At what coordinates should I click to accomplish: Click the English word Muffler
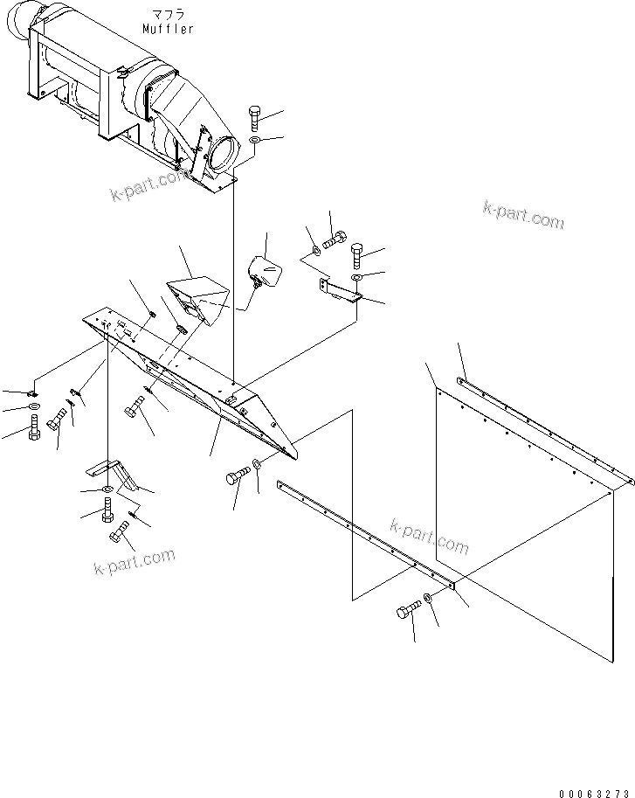tap(169, 29)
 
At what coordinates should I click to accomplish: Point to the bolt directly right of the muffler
tap(254, 117)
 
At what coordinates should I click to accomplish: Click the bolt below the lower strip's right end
tap(406, 612)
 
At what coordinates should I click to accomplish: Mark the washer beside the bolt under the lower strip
tap(428, 598)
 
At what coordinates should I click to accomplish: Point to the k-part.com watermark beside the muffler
tap(148, 185)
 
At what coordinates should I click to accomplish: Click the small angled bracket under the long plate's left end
tap(111, 474)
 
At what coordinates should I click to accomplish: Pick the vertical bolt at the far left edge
tap(34, 428)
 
